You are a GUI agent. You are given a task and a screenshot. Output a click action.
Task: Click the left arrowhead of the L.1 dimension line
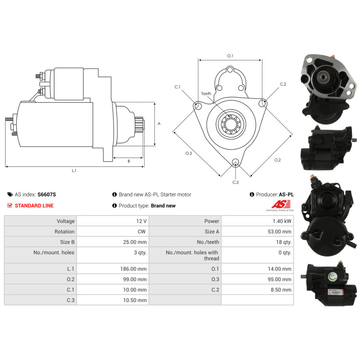6,166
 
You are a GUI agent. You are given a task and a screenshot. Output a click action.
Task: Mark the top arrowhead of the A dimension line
155,104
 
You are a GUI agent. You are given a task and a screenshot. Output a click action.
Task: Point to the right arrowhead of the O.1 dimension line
260,60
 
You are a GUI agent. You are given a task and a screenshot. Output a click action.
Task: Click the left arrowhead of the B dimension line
114,158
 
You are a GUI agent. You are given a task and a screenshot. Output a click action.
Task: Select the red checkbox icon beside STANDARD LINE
10,206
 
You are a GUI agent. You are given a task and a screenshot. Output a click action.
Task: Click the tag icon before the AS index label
10,194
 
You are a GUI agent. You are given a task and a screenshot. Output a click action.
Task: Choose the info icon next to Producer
252,194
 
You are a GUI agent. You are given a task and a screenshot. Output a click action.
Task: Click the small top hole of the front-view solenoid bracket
230,69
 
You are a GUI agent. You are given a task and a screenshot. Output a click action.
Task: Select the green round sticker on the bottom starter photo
332,276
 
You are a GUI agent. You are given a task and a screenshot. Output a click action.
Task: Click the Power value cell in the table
257,221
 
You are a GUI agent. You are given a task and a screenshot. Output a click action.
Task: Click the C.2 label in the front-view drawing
283,84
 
